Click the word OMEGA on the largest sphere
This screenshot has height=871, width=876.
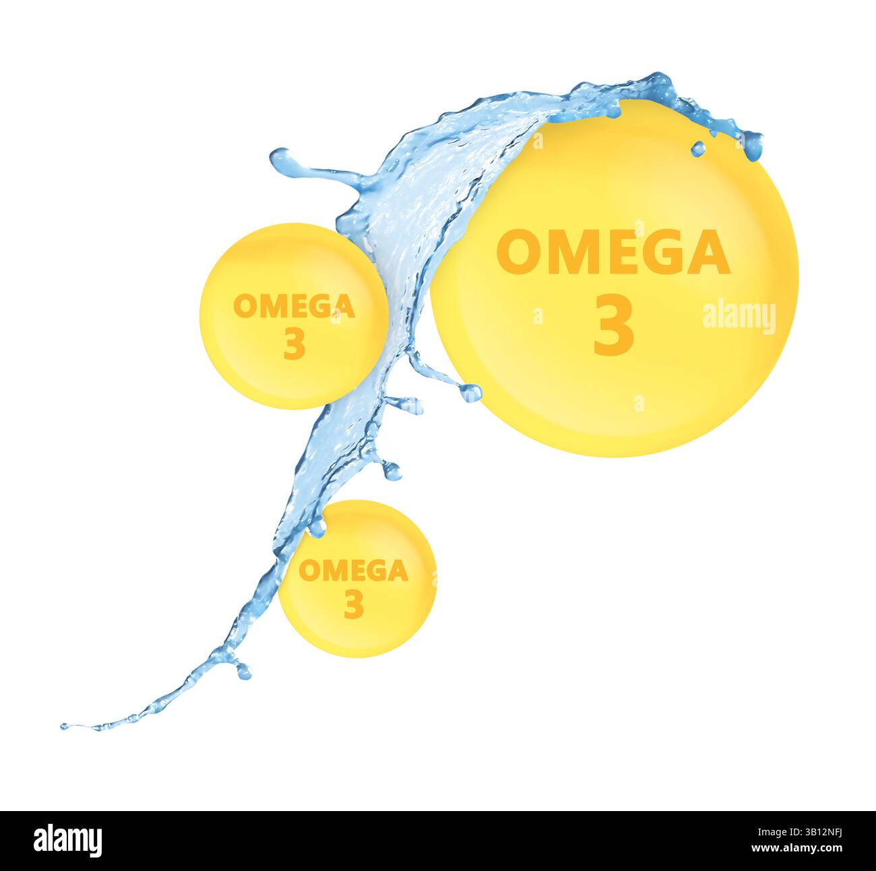coord(613,252)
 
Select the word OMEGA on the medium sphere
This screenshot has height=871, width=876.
coord(294,307)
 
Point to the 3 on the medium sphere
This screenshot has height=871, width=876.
coord(294,344)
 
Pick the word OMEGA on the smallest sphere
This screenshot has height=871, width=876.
coord(353,571)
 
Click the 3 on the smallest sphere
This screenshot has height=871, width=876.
coord(354,604)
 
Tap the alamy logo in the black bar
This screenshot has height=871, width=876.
coord(67,841)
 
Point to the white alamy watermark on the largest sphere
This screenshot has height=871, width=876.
coord(739,317)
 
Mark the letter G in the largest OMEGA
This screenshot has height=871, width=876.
coord(663,252)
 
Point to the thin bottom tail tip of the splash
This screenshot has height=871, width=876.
coord(65,727)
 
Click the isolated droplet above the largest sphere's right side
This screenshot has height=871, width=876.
coord(698,148)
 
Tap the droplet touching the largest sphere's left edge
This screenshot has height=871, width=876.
coord(470,391)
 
